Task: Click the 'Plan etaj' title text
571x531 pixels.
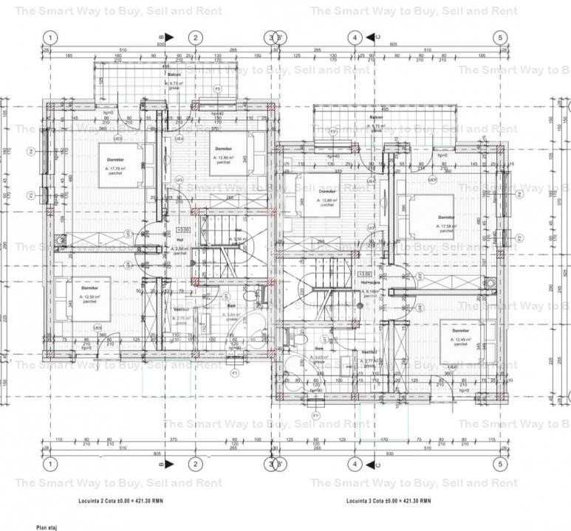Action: pyautogui.click(x=46, y=527)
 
